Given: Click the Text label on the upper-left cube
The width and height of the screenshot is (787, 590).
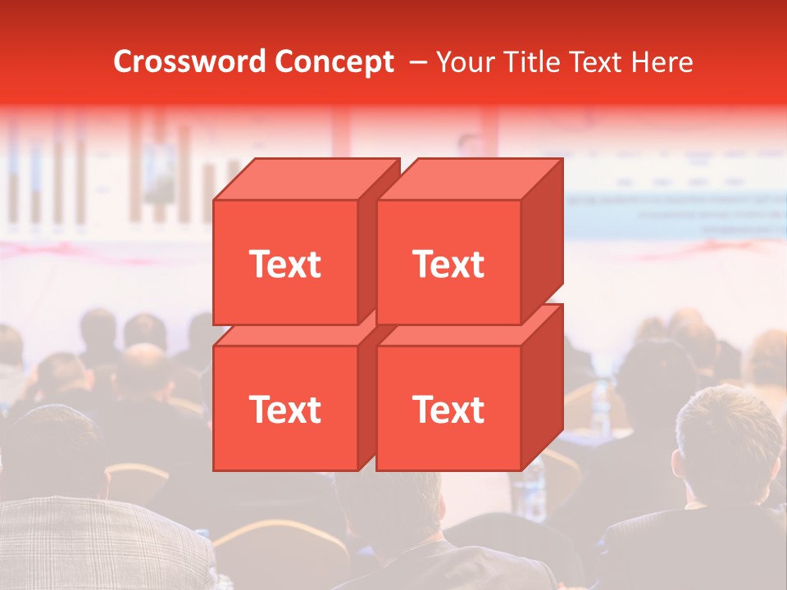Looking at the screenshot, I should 284,264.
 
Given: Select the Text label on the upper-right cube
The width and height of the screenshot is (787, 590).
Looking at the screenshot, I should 448,264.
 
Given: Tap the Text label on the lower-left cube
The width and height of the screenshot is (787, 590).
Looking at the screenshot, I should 284,409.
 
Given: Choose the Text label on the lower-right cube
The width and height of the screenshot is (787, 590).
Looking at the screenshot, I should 448,409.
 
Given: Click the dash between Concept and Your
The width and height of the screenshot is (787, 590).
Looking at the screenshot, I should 416,61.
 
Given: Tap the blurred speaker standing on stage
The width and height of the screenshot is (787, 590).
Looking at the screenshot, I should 469,146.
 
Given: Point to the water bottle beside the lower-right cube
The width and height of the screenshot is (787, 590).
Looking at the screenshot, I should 535,483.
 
